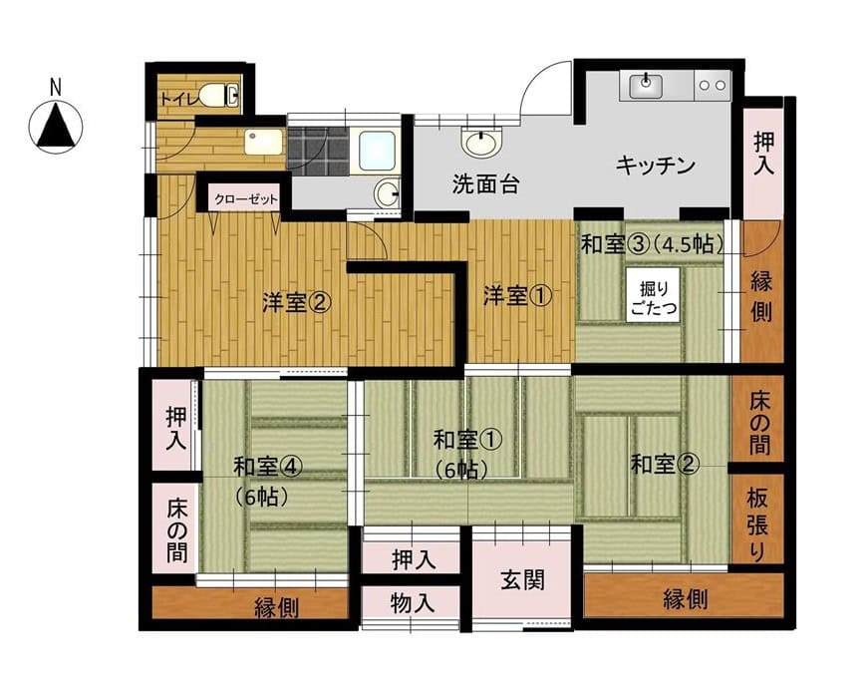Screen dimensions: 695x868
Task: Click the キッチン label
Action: [x=654, y=165]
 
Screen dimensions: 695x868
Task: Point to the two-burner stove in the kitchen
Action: [x=712, y=86]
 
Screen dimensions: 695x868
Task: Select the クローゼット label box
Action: [x=243, y=199]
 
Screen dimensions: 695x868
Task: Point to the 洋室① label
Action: [x=513, y=296]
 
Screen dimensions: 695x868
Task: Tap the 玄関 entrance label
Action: [x=523, y=579]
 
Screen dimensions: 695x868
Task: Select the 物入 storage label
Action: [x=412, y=603]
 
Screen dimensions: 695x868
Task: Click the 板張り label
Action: [x=756, y=523]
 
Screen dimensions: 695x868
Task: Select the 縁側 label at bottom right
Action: [x=684, y=599]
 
